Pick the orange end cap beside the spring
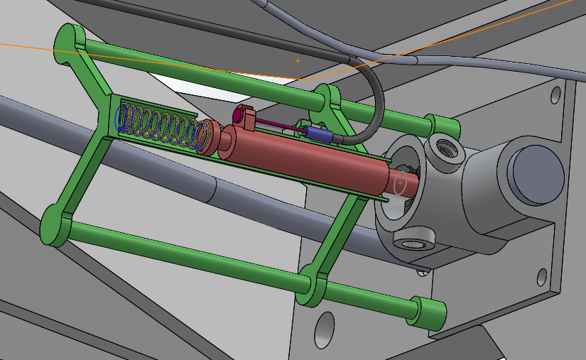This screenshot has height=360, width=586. point(206,136)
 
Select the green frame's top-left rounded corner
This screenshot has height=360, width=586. point(69,39)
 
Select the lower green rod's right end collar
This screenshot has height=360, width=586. point(430,312)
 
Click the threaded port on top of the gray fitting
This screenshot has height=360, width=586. point(448,148)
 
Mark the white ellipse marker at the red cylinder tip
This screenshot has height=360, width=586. point(401,183)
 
